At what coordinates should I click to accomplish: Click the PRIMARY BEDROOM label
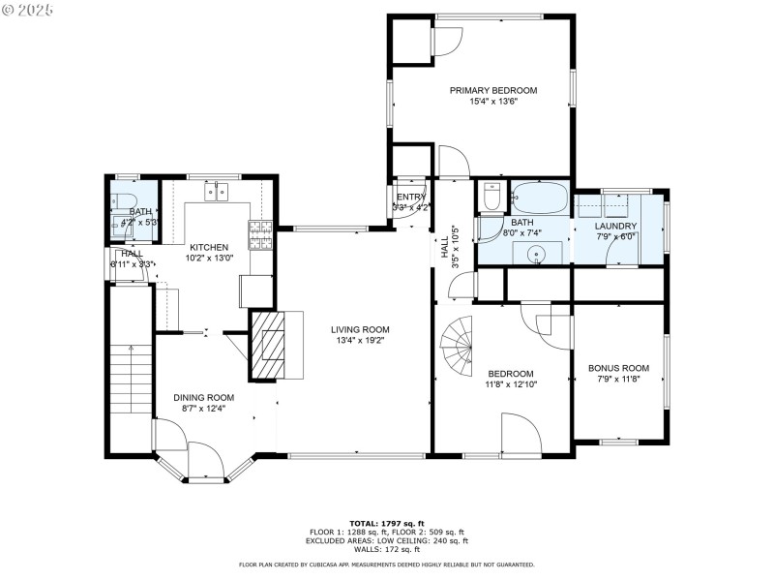492,90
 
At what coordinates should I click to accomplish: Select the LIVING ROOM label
362,329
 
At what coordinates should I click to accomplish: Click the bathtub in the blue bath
539,199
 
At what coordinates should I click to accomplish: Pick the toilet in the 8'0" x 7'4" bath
491,199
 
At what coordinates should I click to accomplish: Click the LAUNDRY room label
615,226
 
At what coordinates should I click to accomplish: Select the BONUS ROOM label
618,368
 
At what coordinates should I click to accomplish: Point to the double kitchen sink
217,192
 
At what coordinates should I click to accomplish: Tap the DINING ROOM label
203,397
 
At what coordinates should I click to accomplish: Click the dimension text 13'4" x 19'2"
362,340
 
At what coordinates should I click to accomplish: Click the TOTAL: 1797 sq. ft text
387,523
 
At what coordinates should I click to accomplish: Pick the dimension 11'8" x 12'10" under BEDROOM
510,384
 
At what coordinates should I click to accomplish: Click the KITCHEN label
208,247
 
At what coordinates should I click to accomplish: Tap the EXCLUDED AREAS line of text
387,540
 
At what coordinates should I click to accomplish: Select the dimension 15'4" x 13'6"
492,102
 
